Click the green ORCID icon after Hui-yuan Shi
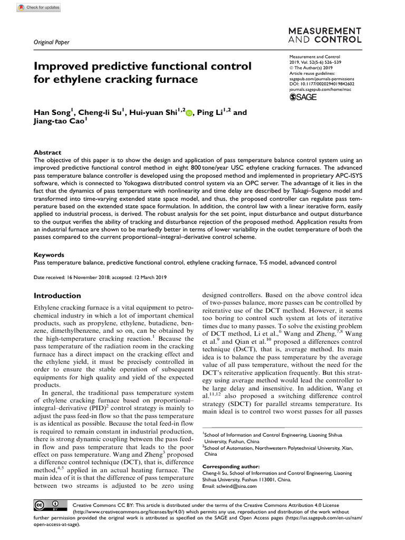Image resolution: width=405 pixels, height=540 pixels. tap(189, 112)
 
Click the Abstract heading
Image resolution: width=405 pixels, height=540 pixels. tap(47, 152)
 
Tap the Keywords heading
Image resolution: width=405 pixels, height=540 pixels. tap(49, 254)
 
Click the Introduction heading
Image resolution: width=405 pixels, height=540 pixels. tap(57, 295)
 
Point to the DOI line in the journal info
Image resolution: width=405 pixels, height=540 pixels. tap(322, 83)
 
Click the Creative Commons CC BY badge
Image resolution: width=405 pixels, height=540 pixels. tap(45, 506)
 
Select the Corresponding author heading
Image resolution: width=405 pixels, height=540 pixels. tap(231, 466)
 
